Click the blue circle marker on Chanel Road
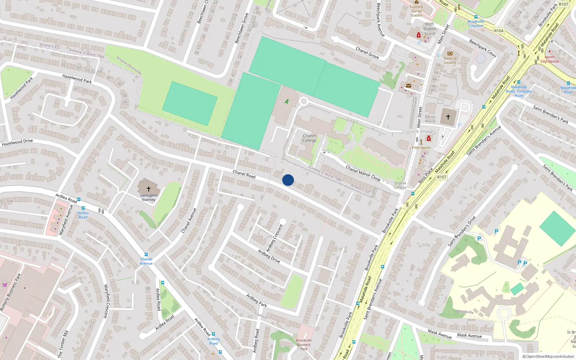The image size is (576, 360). point(288,180)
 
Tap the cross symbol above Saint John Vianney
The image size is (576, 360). point(148,189)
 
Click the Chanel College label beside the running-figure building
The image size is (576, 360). point(309,138)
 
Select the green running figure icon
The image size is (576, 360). point(287,102)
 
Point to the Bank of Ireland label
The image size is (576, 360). point(450,60)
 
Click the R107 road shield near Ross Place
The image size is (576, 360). point(442,177)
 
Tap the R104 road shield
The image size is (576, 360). point(499,31)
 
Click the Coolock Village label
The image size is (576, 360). point(418,131)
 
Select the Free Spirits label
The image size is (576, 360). point(421,148)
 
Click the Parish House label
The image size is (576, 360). point(430,119)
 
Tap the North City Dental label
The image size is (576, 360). point(550,59)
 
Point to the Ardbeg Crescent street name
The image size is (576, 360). point(274,238)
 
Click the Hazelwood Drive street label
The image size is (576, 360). point(17,143)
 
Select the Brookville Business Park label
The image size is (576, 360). point(304,345)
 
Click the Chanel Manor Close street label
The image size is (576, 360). point(363,173)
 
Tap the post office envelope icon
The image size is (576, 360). point(408,86)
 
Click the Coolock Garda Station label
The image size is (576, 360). point(417,11)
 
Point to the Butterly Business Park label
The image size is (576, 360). point(10,292)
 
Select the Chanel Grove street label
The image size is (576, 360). point(367,53)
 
